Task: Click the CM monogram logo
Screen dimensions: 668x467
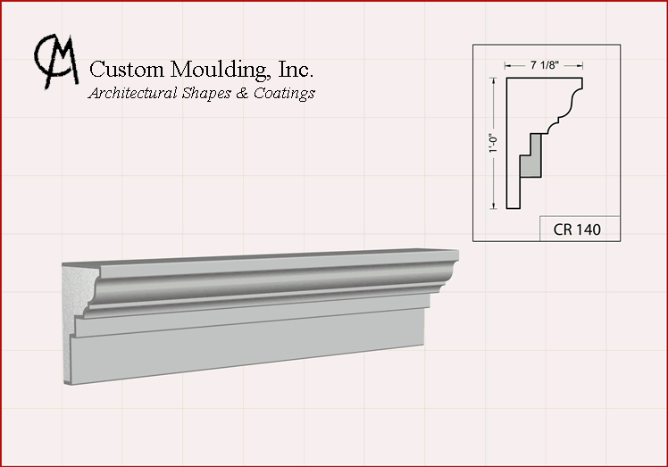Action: pos(55,61)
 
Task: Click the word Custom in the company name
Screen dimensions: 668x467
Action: pos(127,69)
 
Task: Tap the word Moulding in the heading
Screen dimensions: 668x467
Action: pos(220,69)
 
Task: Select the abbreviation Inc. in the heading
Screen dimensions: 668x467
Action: pos(296,69)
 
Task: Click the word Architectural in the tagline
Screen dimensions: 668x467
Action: pos(132,93)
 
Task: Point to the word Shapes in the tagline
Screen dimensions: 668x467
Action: pos(206,94)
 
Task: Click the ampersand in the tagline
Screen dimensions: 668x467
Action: pos(242,94)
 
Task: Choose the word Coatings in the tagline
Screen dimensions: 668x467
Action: pos(284,94)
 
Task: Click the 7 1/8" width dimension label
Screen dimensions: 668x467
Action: pos(544,65)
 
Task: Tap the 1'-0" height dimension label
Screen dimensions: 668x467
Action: pos(493,143)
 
